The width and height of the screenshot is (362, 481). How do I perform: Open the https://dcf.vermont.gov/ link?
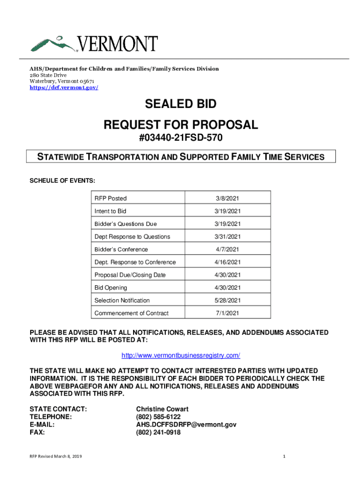click(x=64, y=88)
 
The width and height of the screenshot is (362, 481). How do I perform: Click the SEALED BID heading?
click(x=181, y=104)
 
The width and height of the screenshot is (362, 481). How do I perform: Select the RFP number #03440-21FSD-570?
click(x=181, y=139)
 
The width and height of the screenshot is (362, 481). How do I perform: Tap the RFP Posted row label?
click(x=110, y=198)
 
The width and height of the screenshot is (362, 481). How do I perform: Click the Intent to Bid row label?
click(x=110, y=211)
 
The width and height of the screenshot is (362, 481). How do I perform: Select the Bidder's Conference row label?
click(x=121, y=249)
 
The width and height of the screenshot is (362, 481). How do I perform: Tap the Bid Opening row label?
click(x=110, y=287)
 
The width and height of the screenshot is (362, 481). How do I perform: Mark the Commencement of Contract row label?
click(x=132, y=313)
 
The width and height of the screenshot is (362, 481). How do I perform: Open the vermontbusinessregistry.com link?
click(x=181, y=355)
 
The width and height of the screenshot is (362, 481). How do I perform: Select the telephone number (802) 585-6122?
click(x=158, y=417)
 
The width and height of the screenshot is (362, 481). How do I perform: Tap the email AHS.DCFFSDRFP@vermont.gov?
click(x=186, y=425)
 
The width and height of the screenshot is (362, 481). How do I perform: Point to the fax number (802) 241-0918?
click(x=158, y=433)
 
